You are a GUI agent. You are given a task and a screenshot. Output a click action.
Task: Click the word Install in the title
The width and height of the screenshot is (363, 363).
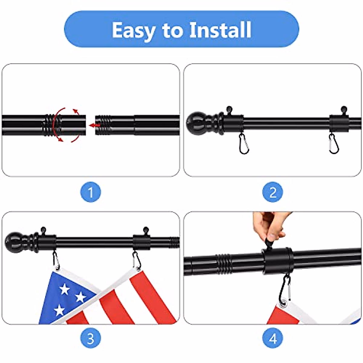coord(220,30)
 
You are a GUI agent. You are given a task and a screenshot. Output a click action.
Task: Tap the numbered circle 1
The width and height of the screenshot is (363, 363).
coord(90,192)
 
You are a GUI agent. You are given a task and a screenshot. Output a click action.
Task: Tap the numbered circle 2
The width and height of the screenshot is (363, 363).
coord(273,192)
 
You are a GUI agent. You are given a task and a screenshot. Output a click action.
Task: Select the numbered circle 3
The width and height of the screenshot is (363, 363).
coord(90,338)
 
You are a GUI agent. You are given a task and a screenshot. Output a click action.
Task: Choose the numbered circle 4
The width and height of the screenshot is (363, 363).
coord(273,338)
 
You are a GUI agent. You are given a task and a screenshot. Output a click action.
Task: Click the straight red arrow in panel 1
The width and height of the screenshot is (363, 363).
coord(95,125)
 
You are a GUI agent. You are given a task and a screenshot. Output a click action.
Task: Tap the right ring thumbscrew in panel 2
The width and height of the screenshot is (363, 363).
coord(344,110)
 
